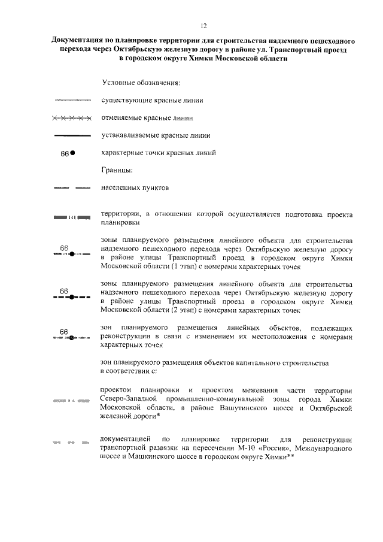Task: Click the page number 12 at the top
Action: (x=203, y=25)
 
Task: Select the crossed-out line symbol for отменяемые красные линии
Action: (x=71, y=117)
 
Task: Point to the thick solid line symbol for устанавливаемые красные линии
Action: (x=71, y=135)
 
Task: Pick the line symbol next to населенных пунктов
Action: (x=71, y=188)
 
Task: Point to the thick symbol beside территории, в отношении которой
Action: (x=71, y=217)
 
